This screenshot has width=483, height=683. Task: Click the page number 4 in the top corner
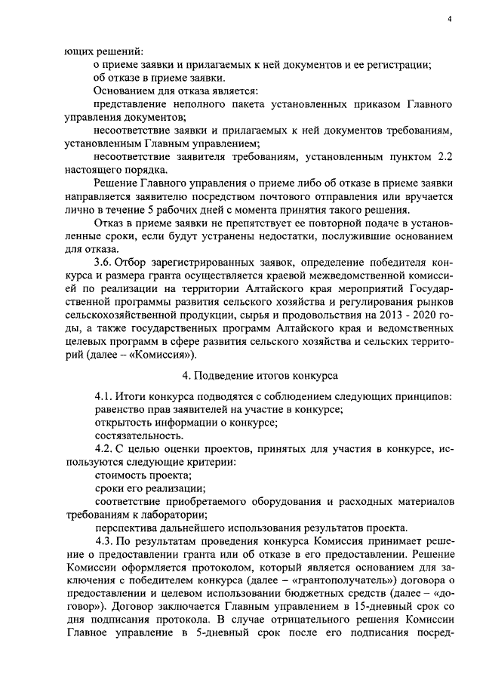(x=449, y=20)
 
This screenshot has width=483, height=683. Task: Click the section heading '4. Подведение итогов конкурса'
(x=260, y=375)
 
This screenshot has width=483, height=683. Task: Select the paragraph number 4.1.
(x=106, y=396)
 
